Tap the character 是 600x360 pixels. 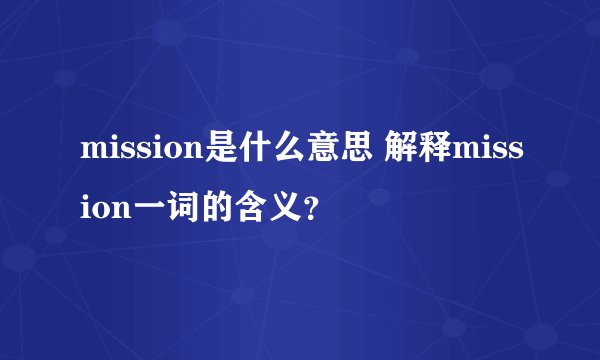click(221, 153)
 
